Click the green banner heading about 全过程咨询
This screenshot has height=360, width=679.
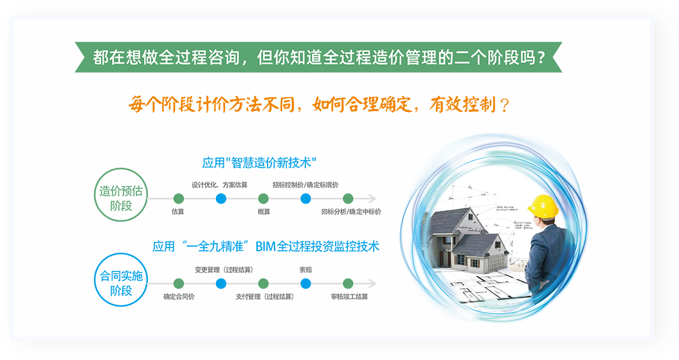click(318, 57)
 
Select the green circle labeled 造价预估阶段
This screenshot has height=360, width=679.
click(121, 195)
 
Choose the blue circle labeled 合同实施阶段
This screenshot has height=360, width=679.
click(121, 280)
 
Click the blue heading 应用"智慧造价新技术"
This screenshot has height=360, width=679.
click(259, 163)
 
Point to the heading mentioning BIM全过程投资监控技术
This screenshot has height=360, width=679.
click(266, 247)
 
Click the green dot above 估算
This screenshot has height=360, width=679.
click(178, 199)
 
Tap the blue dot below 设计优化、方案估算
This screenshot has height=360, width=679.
click(221, 199)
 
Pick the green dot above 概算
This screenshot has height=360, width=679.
click(263, 199)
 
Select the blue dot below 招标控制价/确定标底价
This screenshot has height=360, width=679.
click(305, 199)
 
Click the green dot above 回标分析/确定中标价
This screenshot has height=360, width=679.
click(348, 199)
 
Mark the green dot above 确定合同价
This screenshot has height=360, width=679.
click(178, 283)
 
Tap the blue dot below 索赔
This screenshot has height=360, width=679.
click(305, 283)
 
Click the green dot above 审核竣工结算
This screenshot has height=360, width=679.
click(348, 283)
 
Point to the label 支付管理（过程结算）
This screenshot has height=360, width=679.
click(264, 297)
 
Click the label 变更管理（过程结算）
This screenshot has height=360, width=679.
click(224, 270)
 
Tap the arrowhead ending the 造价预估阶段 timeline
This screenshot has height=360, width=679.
click(372, 199)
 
